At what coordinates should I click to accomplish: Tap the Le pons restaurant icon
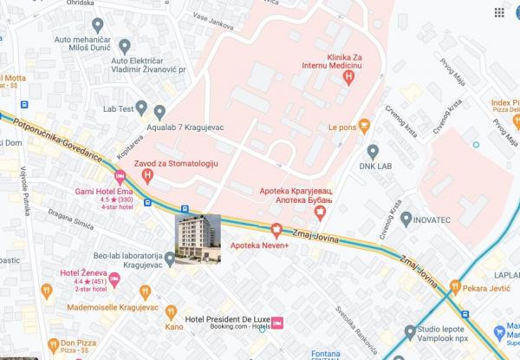click(365, 125)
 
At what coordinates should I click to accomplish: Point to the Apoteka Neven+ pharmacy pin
click(276, 231)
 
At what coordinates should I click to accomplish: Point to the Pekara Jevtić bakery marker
click(484, 285)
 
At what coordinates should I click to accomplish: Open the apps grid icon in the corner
click(499, 13)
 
